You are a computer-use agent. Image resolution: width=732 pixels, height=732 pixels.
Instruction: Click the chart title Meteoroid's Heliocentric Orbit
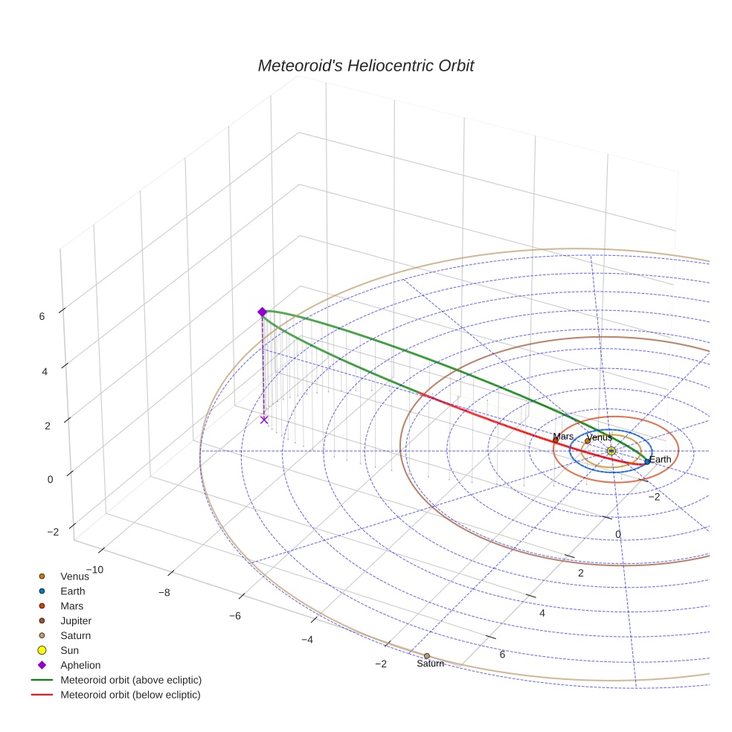click(x=365, y=65)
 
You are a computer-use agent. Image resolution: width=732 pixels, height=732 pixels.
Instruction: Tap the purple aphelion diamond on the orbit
click(x=262, y=312)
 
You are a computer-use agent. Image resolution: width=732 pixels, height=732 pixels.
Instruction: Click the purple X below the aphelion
click(x=264, y=420)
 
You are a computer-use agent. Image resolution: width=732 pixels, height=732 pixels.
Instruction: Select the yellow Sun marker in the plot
click(x=611, y=451)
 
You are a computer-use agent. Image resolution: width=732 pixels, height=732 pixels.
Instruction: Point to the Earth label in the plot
click(x=660, y=460)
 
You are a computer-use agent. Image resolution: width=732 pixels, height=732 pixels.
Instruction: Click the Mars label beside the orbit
click(x=563, y=437)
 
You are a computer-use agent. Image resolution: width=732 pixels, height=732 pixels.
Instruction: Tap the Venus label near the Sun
click(x=599, y=437)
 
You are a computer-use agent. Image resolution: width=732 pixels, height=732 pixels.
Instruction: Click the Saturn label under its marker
click(x=430, y=664)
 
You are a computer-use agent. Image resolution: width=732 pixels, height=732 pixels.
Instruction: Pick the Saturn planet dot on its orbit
click(x=426, y=655)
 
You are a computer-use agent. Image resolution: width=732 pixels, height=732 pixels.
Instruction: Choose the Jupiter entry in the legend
click(x=76, y=620)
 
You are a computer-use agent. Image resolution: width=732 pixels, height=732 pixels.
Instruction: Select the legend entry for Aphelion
click(x=80, y=665)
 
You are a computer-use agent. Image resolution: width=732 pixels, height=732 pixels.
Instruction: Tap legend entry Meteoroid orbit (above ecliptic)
click(x=131, y=680)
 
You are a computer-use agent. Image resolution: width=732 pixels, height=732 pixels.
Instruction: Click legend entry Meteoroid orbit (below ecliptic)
click(x=130, y=695)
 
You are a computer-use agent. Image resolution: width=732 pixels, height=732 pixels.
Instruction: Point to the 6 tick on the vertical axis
click(x=42, y=315)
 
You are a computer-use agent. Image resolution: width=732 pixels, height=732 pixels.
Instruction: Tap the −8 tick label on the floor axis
click(x=164, y=593)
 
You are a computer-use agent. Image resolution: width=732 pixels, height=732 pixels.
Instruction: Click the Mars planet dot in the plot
click(x=555, y=440)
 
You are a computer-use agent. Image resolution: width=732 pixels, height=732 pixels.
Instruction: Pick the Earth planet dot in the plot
click(x=647, y=461)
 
